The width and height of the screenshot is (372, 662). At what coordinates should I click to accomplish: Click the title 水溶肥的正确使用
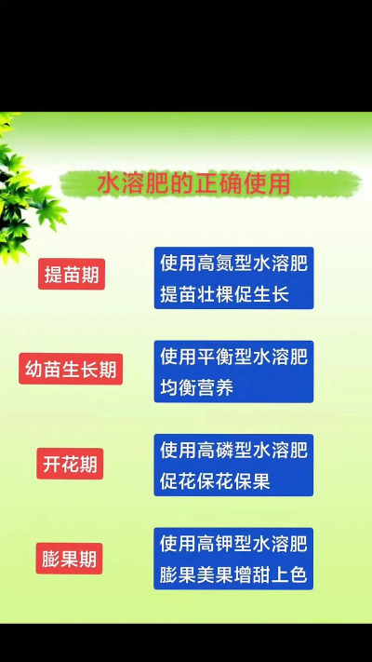point(193,184)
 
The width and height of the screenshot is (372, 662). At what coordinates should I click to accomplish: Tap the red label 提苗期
point(70,275)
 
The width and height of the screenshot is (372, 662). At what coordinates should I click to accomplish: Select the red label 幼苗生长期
point(70,369)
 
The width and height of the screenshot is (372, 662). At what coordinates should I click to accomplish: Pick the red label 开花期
point(70,464)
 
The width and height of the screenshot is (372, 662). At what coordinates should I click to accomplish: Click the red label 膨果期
point(70,559)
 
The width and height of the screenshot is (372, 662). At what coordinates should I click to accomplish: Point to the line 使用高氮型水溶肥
point(233,263)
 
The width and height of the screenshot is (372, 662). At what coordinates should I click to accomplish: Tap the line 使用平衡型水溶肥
point(233,356)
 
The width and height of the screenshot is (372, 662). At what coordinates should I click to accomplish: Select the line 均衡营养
point(196,388)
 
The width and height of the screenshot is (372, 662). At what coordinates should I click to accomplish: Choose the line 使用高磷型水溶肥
point(233,451)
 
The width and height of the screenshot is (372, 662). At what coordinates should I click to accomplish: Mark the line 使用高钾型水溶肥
point(233,543)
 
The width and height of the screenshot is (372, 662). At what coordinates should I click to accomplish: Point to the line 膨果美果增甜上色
point(233,574)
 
